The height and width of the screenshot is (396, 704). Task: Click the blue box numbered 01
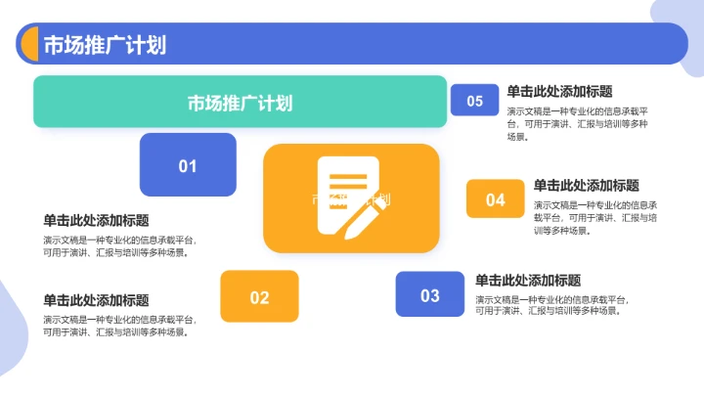tap(188, 165)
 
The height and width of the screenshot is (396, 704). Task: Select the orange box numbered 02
tap(259, 296)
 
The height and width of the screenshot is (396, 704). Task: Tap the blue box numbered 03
tap(430, 294)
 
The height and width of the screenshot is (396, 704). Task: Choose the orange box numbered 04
tap(496, 199)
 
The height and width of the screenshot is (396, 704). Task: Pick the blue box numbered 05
tap(474, 101)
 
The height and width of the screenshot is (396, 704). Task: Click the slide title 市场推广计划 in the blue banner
tap(104, 45)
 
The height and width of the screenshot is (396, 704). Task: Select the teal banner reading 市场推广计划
tap(240, 102)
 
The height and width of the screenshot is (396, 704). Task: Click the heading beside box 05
tap(559, 91)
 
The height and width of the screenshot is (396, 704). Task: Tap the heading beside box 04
tap(586, 185)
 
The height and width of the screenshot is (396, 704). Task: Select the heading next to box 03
tap(527, 280)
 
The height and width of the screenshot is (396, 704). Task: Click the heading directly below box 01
tap(96, 220)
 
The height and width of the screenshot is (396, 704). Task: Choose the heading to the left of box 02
tap(96, 300)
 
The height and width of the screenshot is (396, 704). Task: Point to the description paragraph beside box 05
tap(577, 124)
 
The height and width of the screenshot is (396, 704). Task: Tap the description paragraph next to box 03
tap(550, 305)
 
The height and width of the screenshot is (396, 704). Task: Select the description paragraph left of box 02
tap(118, 326)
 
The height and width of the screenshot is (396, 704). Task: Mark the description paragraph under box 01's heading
tap(118, 245)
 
